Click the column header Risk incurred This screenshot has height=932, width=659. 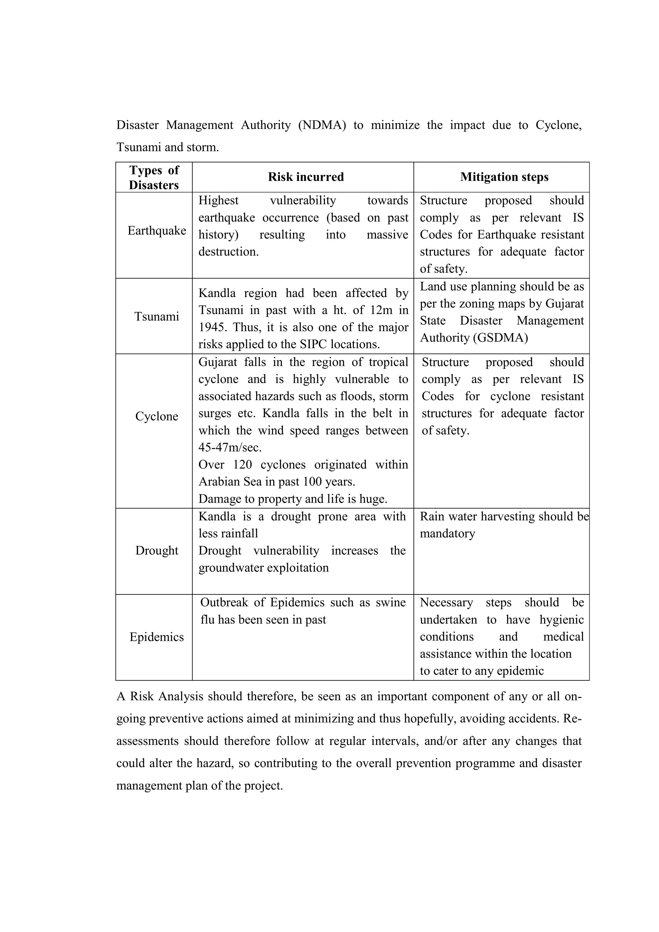coord(306,177)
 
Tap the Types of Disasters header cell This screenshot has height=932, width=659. coord(154,177)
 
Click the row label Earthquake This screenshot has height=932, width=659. coord(157,230)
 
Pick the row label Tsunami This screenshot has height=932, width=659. coord(157,316)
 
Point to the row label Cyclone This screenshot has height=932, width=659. coord(157,416)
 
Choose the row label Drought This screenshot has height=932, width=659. coord(157,550)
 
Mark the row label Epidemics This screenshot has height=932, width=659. coord(157,637)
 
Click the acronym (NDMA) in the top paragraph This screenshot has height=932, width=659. coord(322,125)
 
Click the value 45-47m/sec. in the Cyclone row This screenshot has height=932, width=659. coord(230,447)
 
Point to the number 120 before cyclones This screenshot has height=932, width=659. coord(242,464)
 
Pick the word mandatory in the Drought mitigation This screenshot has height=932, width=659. coord(447,533)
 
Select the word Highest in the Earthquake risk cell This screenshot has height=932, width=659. coord(218,200)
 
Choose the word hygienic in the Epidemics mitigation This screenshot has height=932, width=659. coord(561,620)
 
